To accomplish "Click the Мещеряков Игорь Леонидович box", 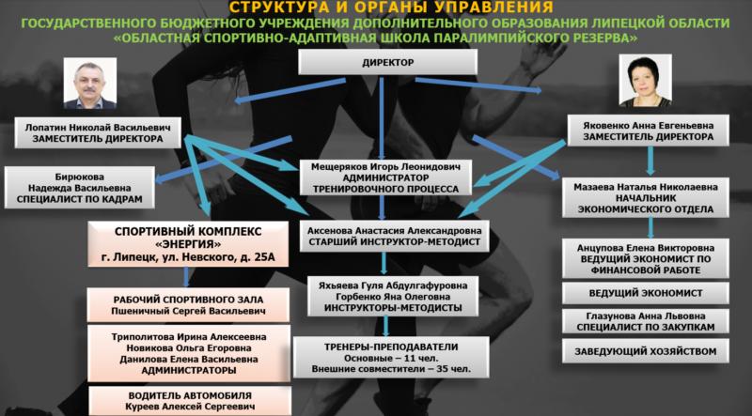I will [385, 177].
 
